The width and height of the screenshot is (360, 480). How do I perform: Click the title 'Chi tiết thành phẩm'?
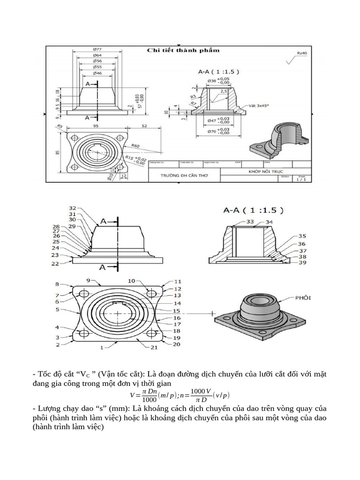(x=183, y=50)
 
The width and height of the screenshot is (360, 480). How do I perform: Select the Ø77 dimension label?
(x=97, y=50)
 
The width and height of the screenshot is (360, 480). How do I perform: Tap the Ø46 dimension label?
(x=97, y=73)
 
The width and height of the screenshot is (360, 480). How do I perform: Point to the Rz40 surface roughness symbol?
(x=302, y=53)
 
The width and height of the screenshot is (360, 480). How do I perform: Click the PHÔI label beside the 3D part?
(x=304, y=298)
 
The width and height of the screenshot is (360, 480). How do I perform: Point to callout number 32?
(x=72, y=208)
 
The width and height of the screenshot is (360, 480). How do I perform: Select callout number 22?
(x=55, y=264)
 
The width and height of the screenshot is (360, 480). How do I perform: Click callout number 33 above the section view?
(x=250, y=221)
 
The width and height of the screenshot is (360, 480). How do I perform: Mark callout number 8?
(x=57, y=284)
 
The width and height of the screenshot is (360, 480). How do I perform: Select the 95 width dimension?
(x=96, y=126)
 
